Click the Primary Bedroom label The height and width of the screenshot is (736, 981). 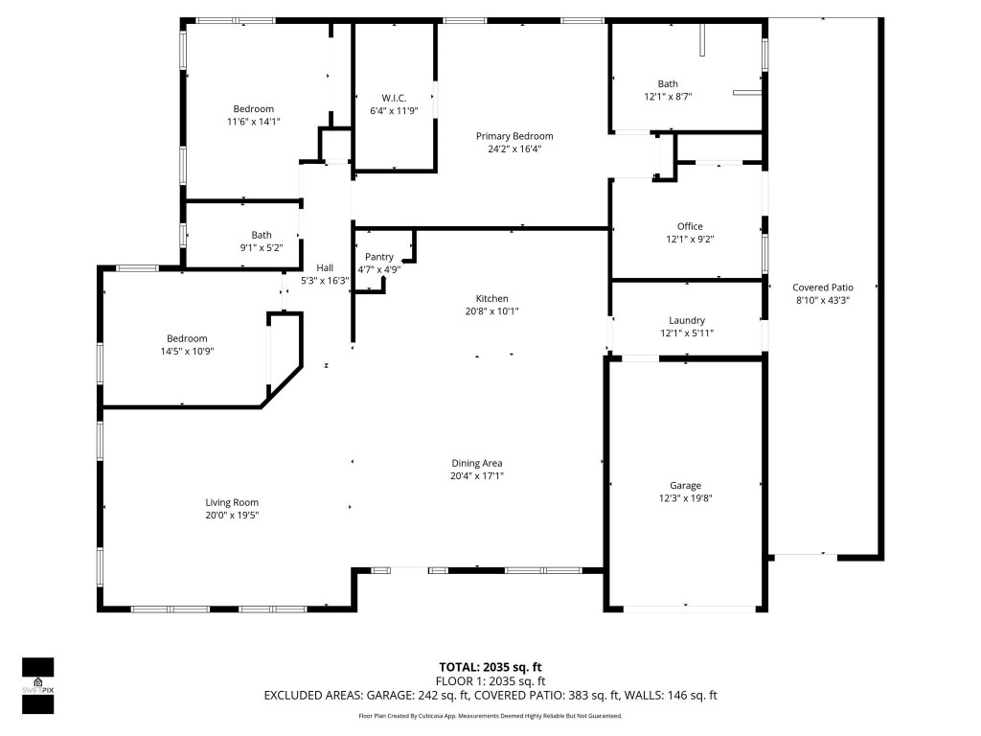point(514,136)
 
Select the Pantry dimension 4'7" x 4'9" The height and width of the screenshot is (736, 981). point(378,269)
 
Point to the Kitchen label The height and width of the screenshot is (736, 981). point(492,298)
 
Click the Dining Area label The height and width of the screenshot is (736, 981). point(476,463)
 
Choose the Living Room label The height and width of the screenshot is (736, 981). point(232,502)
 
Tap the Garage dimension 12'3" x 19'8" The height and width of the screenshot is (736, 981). point(685,497)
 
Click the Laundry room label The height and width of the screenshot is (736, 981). point(687,320)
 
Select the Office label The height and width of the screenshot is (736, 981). point(690,226)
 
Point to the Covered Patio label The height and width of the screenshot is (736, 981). point(822,287)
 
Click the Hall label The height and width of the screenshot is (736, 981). point(325,267)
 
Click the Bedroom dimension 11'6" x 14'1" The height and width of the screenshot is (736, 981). point(253,121)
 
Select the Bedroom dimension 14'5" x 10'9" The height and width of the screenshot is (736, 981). point(187,351)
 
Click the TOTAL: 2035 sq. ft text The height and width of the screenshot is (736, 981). point(490,667)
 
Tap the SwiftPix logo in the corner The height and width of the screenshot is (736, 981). point(37,685)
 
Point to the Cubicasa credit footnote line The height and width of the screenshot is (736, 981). point(490,716)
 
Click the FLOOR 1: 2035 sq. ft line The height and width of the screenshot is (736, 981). point(490,681)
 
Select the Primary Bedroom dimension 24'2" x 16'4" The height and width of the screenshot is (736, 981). point(514,149)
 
